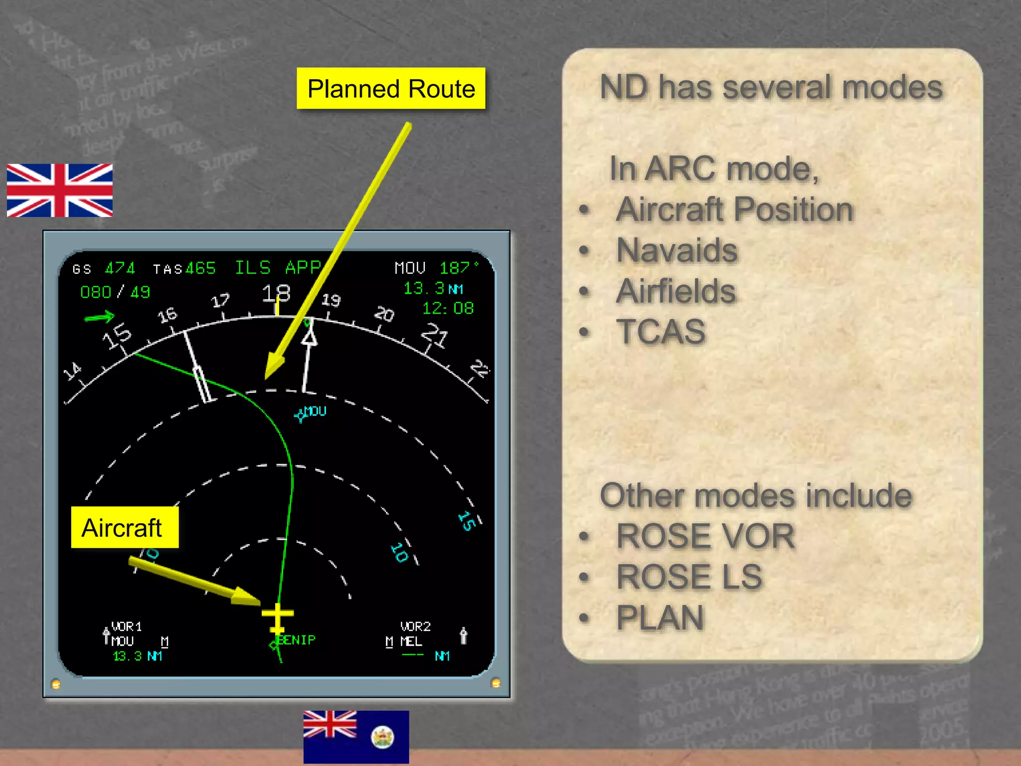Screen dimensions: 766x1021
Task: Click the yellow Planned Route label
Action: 391,89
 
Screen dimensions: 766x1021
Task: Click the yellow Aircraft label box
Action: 124,528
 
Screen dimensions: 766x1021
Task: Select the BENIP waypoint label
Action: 296,640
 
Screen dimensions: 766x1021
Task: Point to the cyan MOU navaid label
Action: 315,411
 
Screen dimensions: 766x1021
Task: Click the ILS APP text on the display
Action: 278,268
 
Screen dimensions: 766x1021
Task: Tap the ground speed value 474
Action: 120,269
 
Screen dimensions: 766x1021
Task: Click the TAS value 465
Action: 200,269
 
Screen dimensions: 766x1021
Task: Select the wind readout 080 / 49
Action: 115,292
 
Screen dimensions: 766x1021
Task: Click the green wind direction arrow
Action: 99,317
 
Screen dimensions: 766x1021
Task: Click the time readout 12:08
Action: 448,308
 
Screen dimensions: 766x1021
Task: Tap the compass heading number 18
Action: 276,293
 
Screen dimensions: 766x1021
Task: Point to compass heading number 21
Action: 435,335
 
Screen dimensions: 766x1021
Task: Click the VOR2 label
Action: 415,626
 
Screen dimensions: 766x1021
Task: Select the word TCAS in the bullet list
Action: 661,332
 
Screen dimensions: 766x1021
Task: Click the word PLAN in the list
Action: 660,617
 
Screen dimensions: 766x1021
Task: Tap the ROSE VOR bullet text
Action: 705,536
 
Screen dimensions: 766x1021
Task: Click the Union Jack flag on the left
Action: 60,191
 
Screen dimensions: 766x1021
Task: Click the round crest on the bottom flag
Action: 383,737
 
